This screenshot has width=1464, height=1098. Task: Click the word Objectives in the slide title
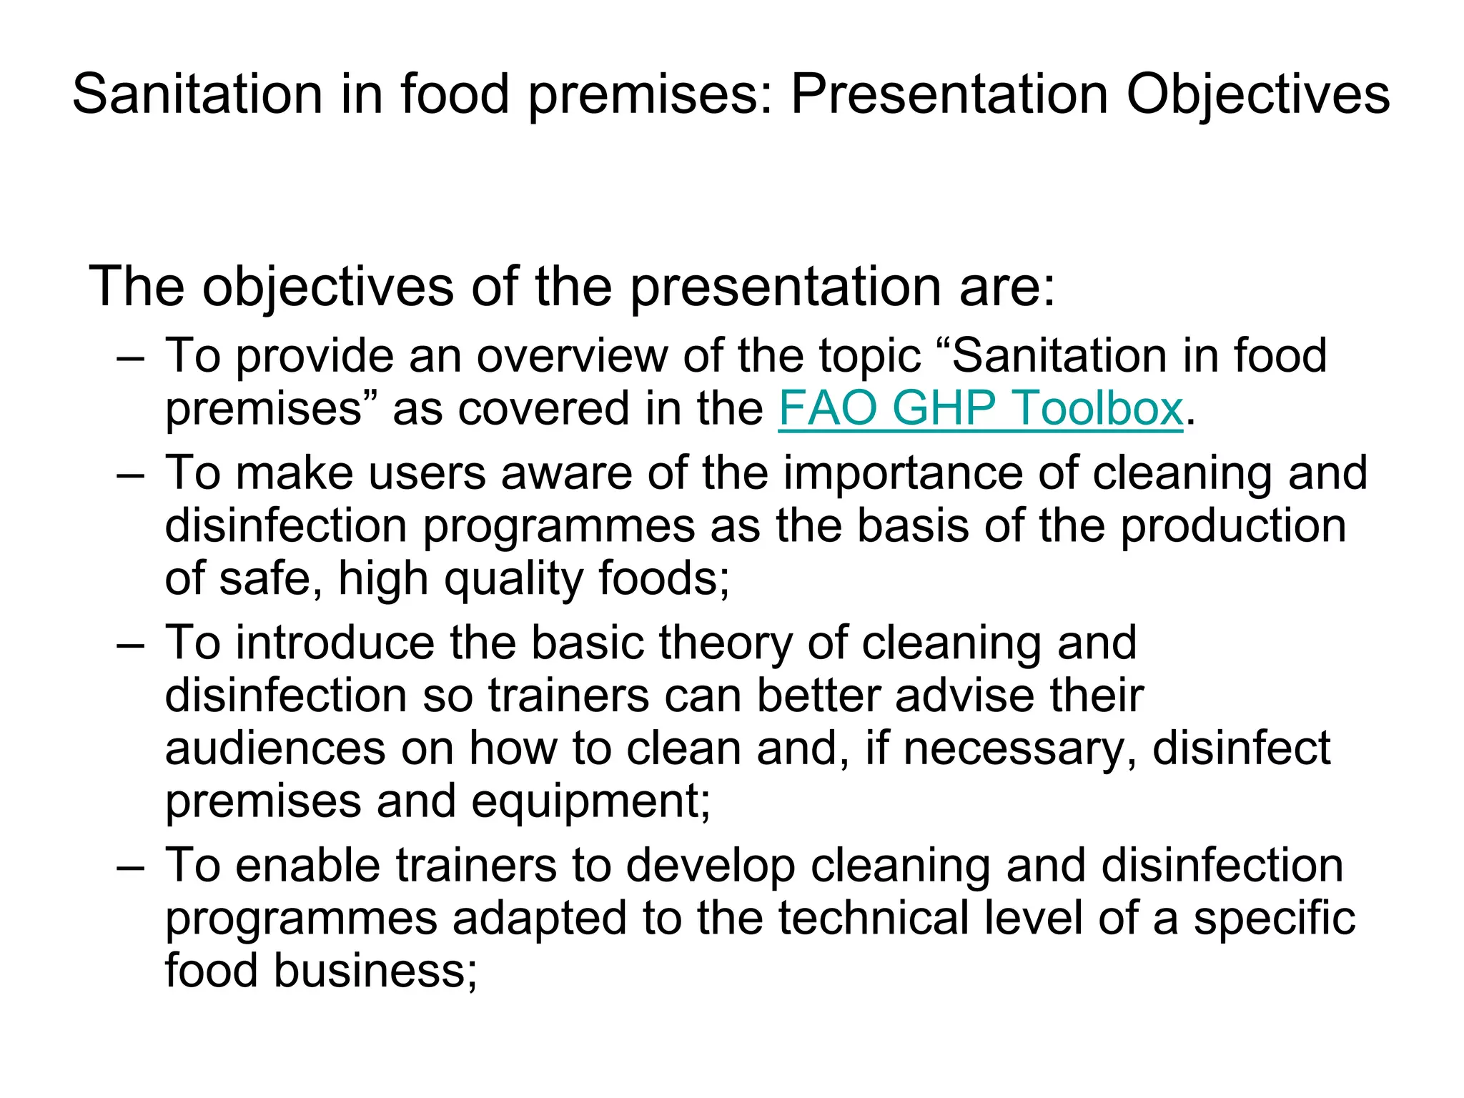1257,95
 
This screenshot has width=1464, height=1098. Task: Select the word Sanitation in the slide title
197,95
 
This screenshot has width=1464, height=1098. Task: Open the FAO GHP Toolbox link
980,409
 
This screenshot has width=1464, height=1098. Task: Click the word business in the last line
375,971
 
